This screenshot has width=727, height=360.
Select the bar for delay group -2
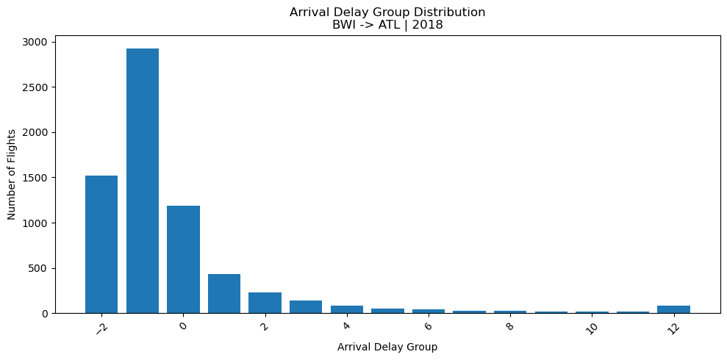[101, 245]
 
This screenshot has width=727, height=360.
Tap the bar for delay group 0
[183, 259]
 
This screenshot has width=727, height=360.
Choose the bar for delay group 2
[265, 303]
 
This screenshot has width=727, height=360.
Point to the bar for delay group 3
[306, 307]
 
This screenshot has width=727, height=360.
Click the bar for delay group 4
[347, 309]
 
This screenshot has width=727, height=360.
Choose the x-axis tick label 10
[591, 328]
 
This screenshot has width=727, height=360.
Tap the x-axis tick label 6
[428, 325]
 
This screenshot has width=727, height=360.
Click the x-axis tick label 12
[673, 328]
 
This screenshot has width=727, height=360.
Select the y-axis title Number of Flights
[12, 177]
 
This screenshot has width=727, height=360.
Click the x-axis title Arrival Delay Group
[387, 347]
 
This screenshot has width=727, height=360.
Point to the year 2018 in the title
[429, 24]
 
